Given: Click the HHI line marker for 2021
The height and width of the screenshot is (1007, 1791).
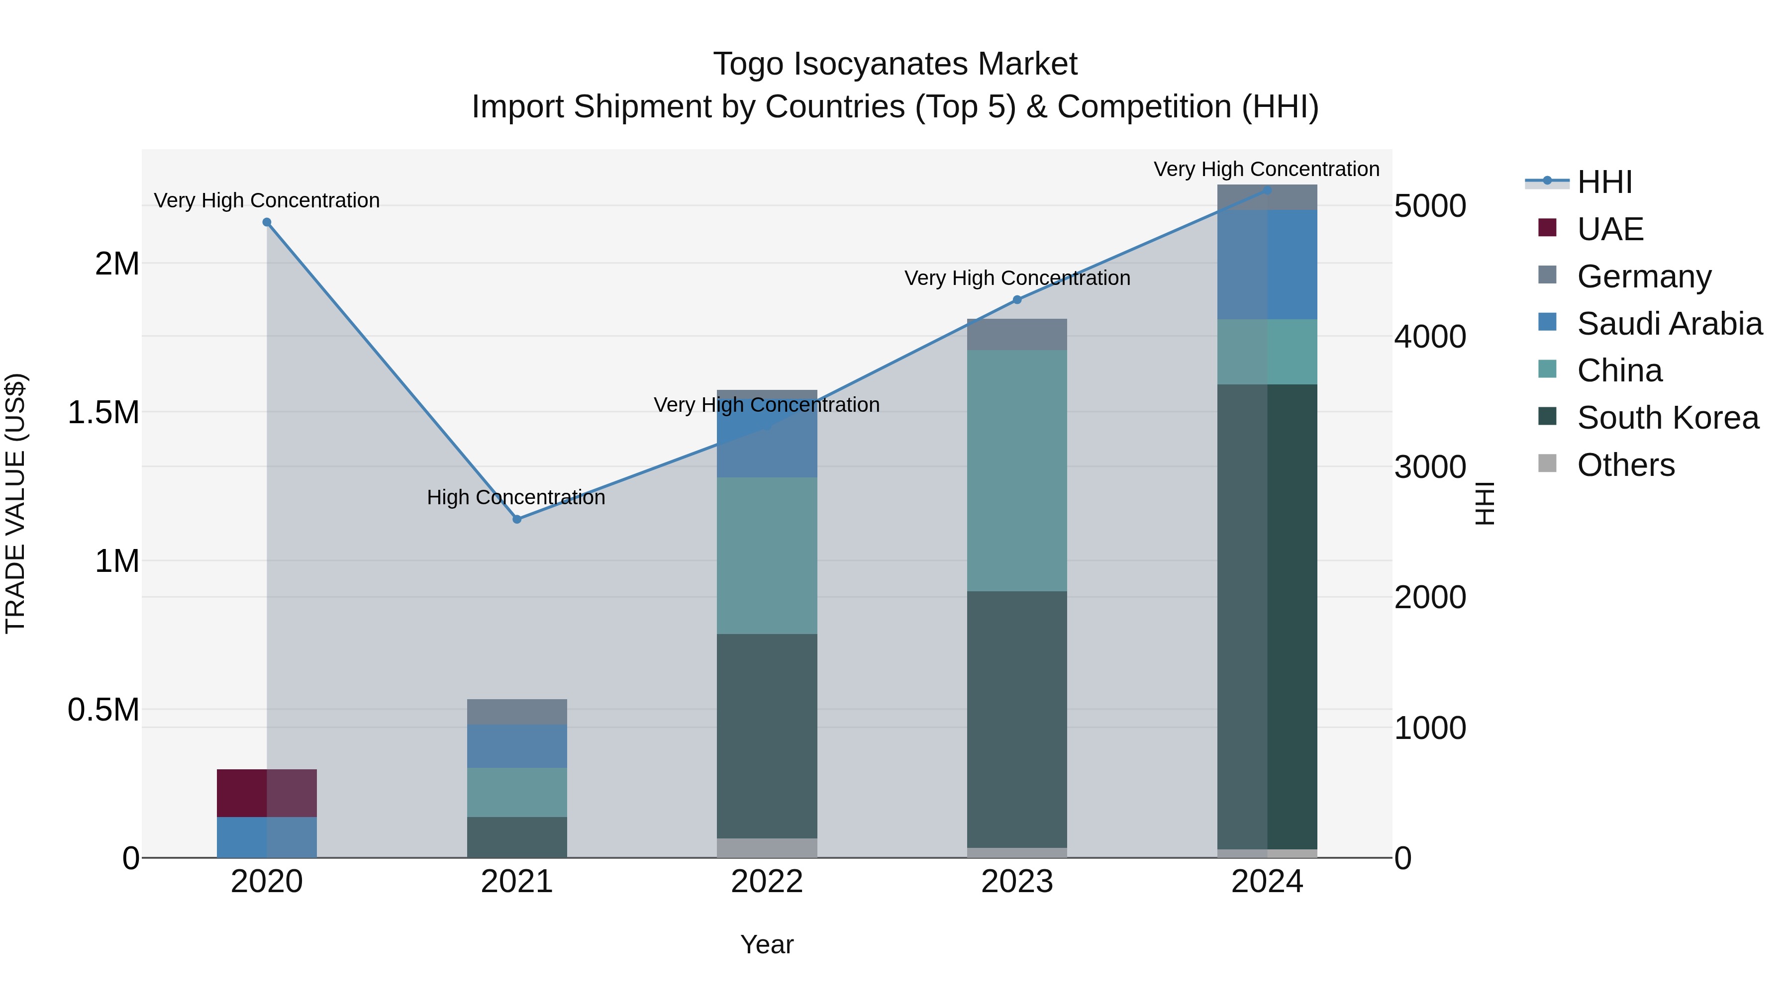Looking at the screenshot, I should [516, 519].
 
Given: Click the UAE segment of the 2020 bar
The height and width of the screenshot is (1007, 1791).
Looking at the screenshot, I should [267, 793].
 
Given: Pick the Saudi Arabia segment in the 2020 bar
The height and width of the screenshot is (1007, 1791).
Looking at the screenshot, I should [267, 837].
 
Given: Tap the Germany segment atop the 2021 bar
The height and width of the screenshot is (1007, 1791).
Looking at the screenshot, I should [516, 712].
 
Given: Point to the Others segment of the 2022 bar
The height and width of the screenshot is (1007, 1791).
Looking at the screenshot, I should [767, 848].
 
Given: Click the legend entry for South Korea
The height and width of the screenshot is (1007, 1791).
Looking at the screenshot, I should [1667, 418].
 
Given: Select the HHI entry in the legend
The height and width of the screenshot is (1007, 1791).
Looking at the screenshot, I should [1604, 182].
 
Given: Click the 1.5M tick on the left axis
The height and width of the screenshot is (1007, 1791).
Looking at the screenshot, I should [103, 413].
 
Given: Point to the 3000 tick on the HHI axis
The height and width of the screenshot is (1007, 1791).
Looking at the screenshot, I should [1429, 467].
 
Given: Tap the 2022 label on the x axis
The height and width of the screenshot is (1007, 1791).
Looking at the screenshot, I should [767, 882].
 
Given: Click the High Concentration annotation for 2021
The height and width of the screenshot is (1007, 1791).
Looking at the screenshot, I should [516, 498].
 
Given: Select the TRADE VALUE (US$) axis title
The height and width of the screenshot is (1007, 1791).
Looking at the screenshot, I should [15, 503].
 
